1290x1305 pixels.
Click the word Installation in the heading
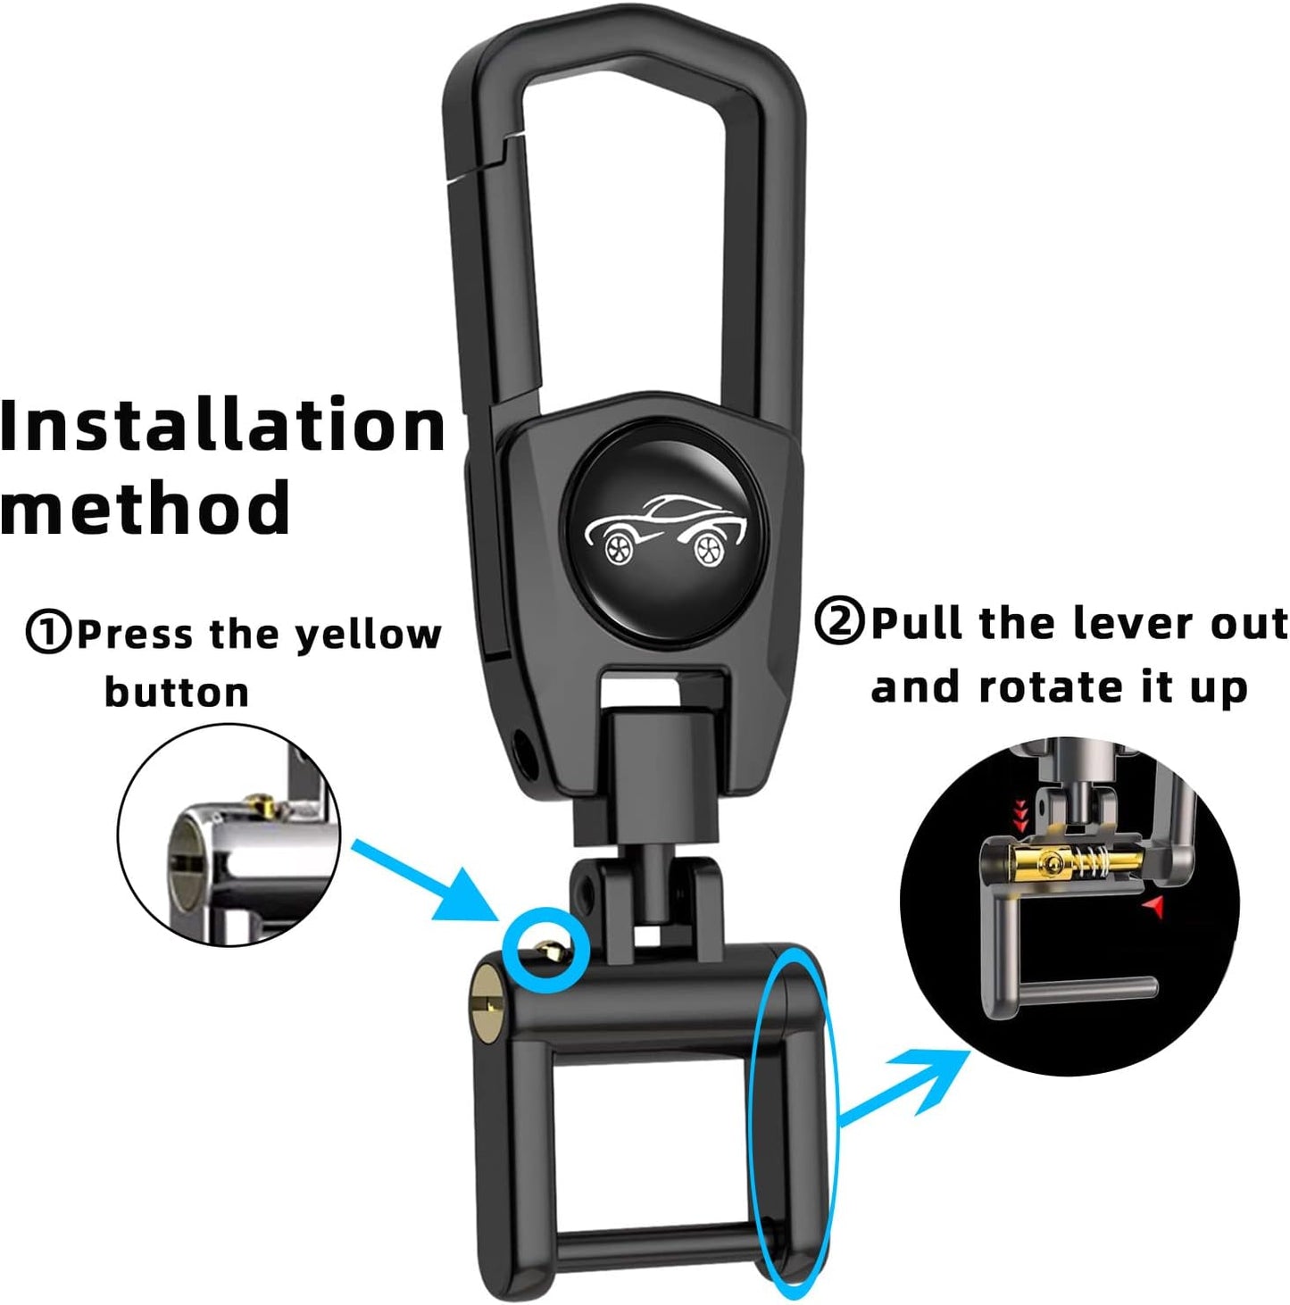point(222,425)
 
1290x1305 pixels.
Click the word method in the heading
point(145,507)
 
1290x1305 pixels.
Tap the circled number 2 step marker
point(840,621)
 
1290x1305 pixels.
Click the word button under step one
point(177,692)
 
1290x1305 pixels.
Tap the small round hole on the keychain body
point(524,751)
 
